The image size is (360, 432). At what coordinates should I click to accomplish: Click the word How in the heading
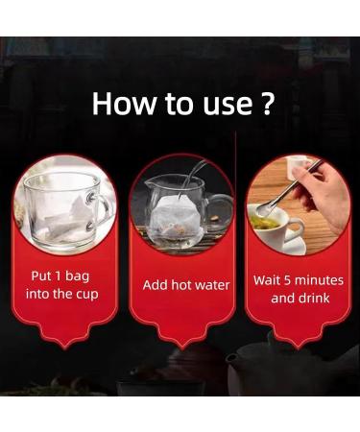[x=123, y=104]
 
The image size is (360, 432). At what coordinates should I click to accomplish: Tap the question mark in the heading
[x=266, y=103]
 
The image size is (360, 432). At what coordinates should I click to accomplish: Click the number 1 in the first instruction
[x=58, y=276]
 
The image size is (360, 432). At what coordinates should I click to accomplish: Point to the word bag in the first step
[x=77, y=277]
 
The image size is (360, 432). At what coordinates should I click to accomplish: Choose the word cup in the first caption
[x=86, y=295]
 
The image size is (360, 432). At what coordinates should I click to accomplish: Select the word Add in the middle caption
[x=156, y=285]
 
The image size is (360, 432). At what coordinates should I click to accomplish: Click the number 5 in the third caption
[x=287, y=280]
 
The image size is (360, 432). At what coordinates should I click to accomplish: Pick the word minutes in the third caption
[x=319, y=280]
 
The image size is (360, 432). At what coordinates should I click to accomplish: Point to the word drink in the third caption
[x=314, y=299]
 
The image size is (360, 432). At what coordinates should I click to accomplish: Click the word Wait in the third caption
[x=267, y=280]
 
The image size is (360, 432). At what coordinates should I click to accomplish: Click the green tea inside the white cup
[x=264, y=223]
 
